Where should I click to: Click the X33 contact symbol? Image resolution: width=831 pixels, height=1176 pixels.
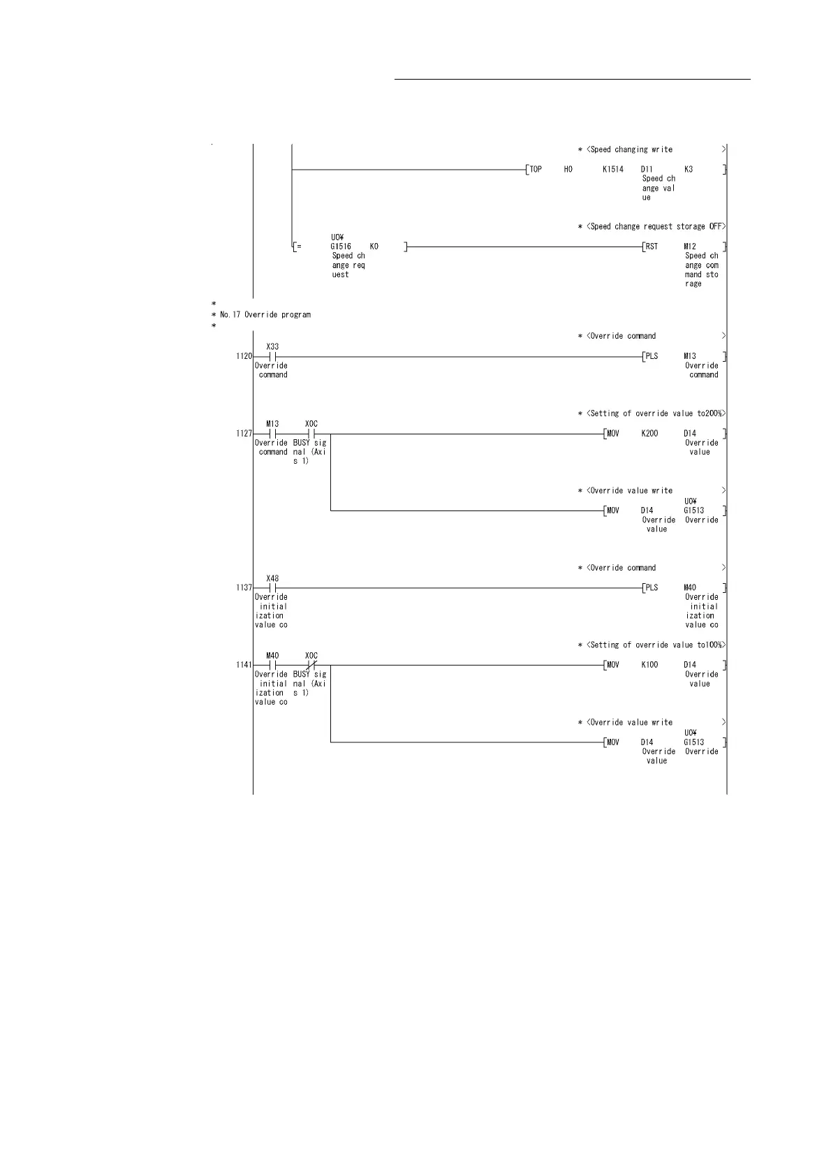point(273,356)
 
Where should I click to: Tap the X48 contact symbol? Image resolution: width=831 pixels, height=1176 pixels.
point(273,588)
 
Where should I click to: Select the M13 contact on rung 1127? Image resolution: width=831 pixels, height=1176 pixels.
point(273,434)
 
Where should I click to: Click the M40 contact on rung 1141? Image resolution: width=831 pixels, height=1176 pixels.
point(273,665)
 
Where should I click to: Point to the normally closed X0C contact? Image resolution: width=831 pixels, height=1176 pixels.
point(311,665)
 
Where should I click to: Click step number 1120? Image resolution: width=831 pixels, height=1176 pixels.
point(244,356)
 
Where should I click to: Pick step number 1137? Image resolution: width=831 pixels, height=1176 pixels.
point(244,588)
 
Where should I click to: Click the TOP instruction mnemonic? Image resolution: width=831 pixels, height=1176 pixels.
point(536,169)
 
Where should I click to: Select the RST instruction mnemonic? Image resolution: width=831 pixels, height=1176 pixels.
point(652,247)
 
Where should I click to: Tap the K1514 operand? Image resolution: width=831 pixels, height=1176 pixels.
point(613,169)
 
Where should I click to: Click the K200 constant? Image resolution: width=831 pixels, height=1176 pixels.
point(649,434)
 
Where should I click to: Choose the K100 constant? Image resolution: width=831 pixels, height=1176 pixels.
point(649,665)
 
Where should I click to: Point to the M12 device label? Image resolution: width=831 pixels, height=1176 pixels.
point(690,247)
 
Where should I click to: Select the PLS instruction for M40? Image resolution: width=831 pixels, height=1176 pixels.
point(652,588)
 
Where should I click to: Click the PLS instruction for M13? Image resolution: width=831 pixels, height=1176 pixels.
point(652,356)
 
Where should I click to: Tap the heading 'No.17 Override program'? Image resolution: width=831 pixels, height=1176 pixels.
point(265,315)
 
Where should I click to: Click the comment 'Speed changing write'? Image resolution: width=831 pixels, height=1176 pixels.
point(631,149)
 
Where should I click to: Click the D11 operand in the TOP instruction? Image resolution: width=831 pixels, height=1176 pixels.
point(647,169)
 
